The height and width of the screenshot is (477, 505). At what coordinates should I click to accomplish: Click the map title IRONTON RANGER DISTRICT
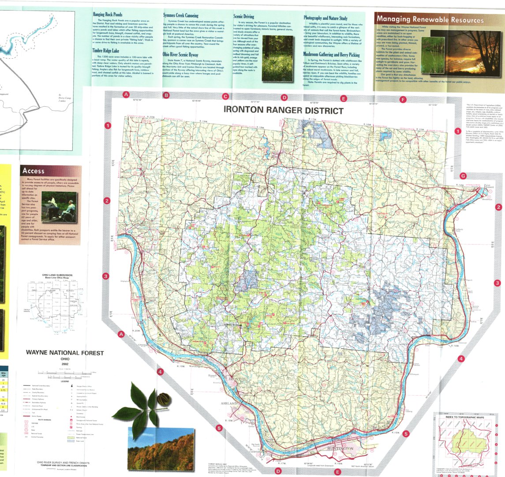point(283,110)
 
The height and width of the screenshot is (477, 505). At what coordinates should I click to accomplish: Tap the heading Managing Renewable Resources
point(430,20)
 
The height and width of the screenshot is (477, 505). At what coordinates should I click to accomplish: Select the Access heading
point(34,171)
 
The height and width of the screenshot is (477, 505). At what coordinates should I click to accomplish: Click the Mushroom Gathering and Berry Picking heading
point(332,54)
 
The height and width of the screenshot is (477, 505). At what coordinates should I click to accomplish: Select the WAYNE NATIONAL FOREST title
point(65,353)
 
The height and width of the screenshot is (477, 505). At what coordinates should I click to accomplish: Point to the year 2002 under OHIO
point(64,365)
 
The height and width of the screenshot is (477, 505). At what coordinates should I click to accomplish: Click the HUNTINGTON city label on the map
point(340,448)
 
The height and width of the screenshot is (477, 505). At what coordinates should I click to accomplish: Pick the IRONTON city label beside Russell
point(236,379)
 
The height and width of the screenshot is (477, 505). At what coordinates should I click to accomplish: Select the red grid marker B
point(166,95)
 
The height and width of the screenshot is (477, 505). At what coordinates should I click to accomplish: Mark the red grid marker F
point(402,100)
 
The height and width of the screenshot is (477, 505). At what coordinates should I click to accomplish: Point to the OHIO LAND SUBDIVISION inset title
point(57,275)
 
